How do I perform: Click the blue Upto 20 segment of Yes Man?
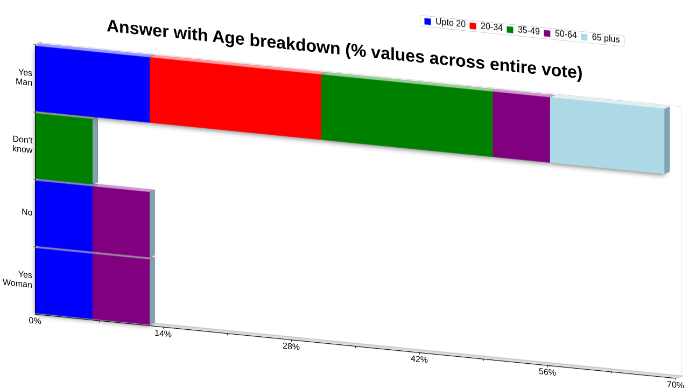click(x=93, y=84)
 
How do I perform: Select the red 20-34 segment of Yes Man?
click(x=236, y=98)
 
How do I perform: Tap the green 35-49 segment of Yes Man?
click(x=407, y=115)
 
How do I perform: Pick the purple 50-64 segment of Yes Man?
click(x=522, y=127)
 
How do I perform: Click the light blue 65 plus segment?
click(x=608, y=135)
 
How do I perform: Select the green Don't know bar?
click(x=64, y=149)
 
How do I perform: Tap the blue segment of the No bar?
click(x=64, y=216)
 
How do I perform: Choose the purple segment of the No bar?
click(x=121, y=222)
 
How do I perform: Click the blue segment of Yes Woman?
click(x=64, y=283)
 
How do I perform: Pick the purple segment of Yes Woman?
click(x=121, y=289)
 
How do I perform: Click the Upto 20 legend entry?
click(x=445, y=23)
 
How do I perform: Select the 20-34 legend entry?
click(x=486, y=26)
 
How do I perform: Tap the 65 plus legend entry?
click(x=600, y=38)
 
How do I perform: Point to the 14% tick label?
click(x=163, y=334)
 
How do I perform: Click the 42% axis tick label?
click(x=419, y=359)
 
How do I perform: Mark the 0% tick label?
click(x=35, y=321)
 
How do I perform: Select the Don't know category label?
click(x=23, y=144)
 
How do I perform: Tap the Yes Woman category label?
click(x=18, y=279)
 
